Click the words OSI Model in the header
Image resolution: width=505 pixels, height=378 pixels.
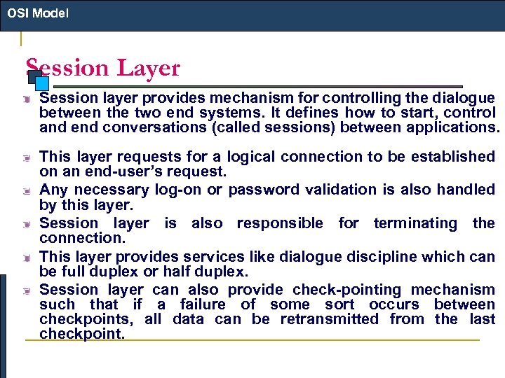tap(38, 13)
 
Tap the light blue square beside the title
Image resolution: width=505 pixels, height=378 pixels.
tap(41, 83)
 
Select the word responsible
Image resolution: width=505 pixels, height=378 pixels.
tap(280, 223)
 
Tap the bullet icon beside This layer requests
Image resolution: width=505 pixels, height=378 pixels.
tap(26, 157)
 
